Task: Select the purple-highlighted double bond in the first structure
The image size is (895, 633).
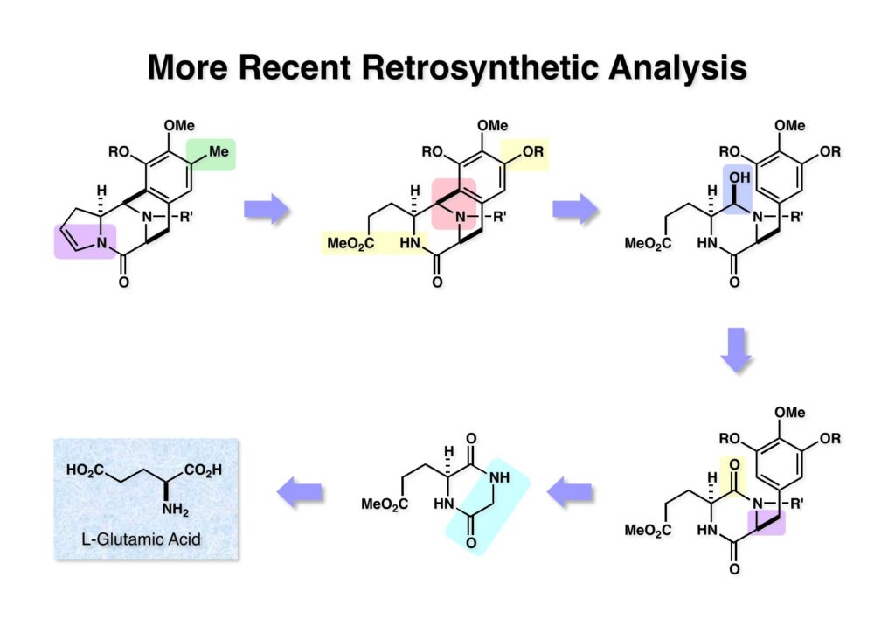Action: (x=80, y=240)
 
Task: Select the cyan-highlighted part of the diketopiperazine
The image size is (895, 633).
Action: (x=486, y=504)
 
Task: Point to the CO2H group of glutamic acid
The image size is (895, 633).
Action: (x=203, y=470)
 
